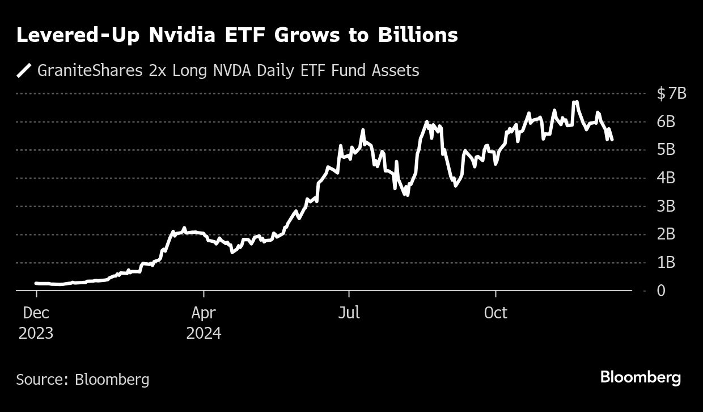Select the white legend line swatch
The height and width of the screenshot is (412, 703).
pyautogui.click(x=24, y=71)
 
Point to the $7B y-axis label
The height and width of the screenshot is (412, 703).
pyautogui.click(x=671, y=93)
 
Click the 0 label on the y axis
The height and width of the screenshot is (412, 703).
pyautogui.click(x=662, y=291)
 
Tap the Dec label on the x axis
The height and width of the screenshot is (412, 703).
pyautogui.click(x=36, y=313)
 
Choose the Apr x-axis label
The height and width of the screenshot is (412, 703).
pyautogui.click(x=204, y=313)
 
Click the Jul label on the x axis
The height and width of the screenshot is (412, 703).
pyautogui.click(x=349, y=313)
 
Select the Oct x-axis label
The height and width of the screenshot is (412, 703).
pyautogui.click(x=496, y=313)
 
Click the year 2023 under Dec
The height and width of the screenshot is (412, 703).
pyautogui.click(x=36, y=333)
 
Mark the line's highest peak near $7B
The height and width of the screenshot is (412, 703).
pyautogui.click(x=576, y=102)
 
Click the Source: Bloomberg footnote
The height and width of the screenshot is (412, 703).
pyautogui.click(x=83, y=379)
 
